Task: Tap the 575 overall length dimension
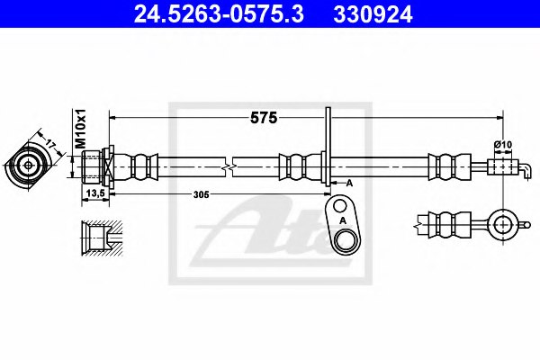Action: pos(263,117)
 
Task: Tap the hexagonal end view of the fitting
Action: pos(30,165)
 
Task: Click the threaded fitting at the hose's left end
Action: pos(94,166)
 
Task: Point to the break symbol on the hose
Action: pos(232,166)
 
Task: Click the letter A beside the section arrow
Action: pos(349,182)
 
